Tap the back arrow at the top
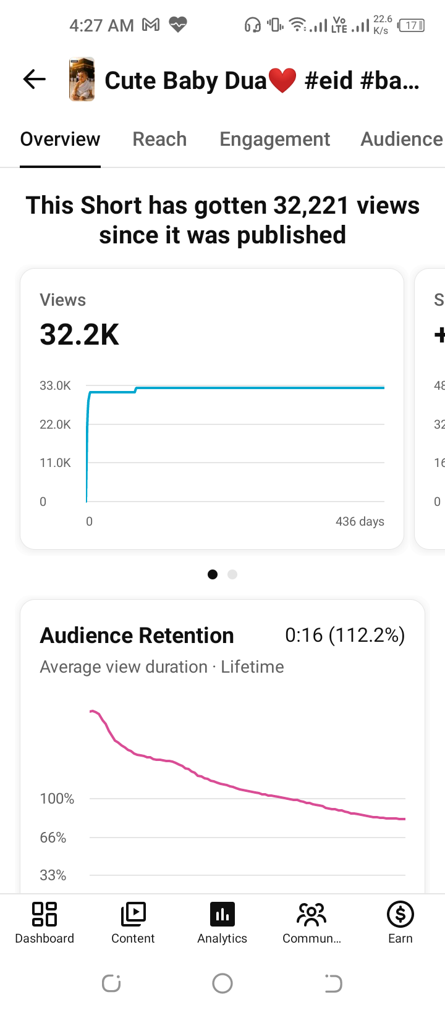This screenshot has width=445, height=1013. [x=35, y=80]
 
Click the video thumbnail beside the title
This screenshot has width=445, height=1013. [x=82, y=79]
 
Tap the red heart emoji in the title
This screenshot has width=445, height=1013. [x=282, y=80]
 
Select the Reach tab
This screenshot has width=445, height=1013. [x=159, y=140]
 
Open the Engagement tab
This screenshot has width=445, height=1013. [x=275, y=140]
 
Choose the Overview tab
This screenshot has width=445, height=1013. [x=60, y=140]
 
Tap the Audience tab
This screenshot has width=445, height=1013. [x=402, y=140]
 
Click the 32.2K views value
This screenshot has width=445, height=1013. [x=79, y=335]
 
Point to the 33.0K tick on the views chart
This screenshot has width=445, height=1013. [x=55, y=386]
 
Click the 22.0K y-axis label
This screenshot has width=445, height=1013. [x=55, y=424]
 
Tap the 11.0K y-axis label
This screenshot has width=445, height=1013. [x=55, y=463]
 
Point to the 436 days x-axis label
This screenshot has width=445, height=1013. [x=360, y=521]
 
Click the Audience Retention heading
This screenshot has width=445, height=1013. [x=137, y=636]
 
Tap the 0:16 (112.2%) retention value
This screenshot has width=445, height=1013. [x=345, y=636]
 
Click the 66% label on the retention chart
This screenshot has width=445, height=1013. [x=53, y=838]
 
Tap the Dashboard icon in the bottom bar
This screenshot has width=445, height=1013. [x=44, y=914]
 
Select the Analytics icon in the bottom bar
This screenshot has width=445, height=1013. [x=222, y=914]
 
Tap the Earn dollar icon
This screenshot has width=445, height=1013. [x=400, y=914]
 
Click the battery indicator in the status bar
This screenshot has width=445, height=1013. [x=411, y=25]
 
